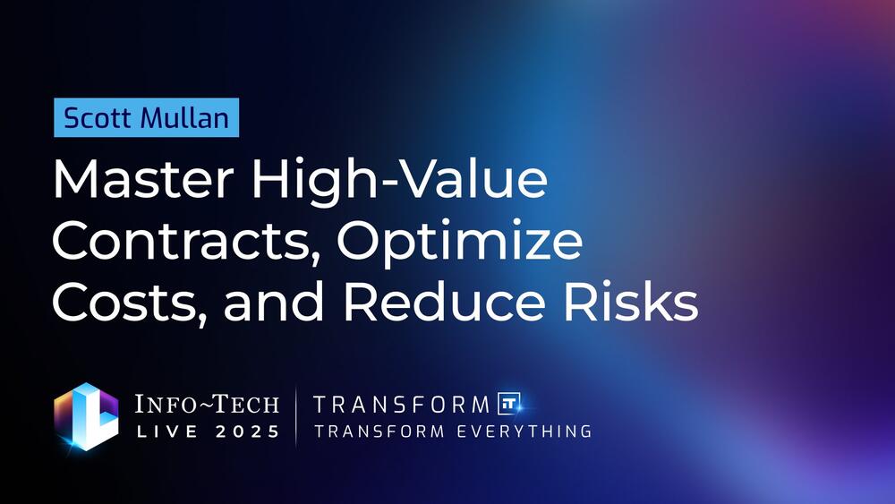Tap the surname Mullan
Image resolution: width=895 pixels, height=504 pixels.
[185, 117]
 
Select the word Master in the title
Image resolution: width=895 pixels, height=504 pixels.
[143, 180]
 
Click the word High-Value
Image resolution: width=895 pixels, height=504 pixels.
[399, 179]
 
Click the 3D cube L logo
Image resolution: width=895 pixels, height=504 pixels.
[87, 417]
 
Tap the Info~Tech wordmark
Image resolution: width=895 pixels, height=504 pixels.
[207, 404]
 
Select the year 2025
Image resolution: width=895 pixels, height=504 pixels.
[248, 431]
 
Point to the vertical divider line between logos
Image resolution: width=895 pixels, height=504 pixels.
[295, 416]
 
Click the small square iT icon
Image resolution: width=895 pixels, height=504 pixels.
[509, 404]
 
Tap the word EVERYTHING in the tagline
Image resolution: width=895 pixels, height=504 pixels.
[524, 431]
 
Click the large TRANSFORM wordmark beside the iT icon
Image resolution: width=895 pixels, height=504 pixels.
[401, 405]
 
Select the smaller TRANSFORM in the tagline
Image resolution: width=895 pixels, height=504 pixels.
[379, 431]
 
